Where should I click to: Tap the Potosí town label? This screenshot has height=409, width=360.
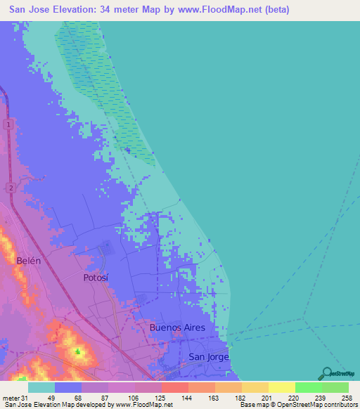pos(96,278)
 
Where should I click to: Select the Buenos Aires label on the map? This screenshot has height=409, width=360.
pos(177,327)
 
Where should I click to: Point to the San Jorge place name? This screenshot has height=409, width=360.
pos(209,357)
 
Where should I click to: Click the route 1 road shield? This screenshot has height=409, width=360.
pos(8,124)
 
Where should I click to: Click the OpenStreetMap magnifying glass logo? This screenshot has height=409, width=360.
pos(326,372)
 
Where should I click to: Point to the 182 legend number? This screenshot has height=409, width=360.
pos(239,398)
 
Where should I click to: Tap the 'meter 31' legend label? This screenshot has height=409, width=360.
pos(14,398)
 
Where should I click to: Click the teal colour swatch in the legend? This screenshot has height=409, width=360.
pos(41,387)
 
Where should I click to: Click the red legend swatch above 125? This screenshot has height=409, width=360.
pos(175,387)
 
